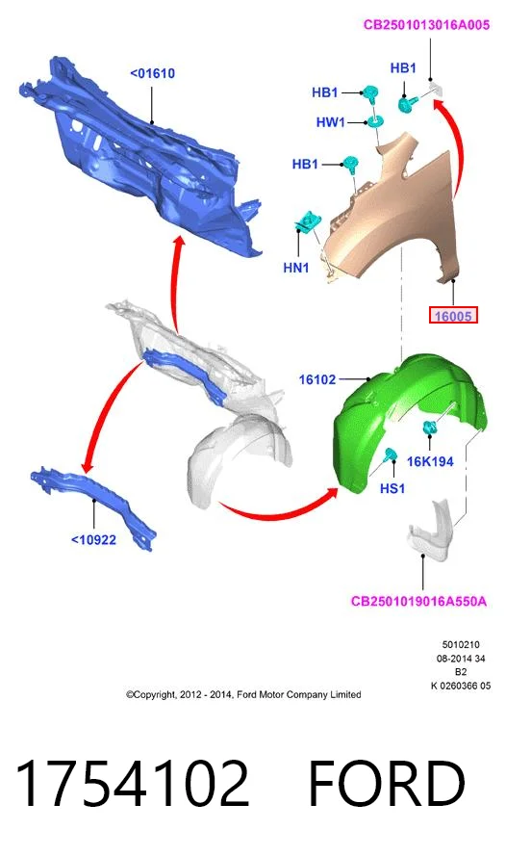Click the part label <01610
(x=152, y=73)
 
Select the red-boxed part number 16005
(x=453, y=316)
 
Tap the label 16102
(x=317, y=378)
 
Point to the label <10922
(x=93, y=540)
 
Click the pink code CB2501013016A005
(x=426, y=25)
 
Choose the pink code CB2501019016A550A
(x=418, y=601)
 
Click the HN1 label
(x=296, y=268)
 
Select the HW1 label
(x=330, y=122)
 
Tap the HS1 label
(x=392, y=488)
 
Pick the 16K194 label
(x=430, y=462)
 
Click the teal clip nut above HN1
(x=308, y=221)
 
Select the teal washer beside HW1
(x=374, y=121)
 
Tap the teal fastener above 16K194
(x=429, y=428)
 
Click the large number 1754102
(x=133, y=783)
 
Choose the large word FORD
(x=387, y=783)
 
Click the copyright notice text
(x=243, y=694)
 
